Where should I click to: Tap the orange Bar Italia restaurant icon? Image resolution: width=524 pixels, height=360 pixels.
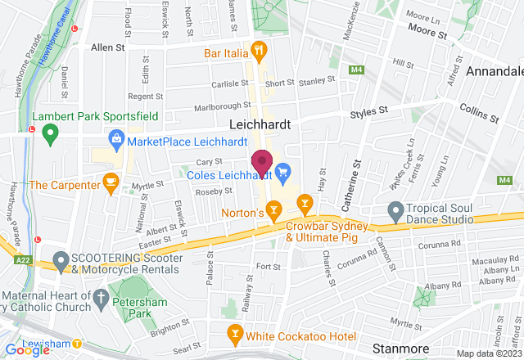[x=260, y=50]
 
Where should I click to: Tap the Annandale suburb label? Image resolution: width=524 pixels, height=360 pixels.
[x=494, y=72]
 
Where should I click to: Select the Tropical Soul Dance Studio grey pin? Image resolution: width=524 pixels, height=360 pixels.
[x=395, y=213]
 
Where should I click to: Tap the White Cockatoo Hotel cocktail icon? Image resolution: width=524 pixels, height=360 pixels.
[x=234, y=335]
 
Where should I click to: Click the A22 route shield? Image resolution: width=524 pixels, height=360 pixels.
[x=25, y=259]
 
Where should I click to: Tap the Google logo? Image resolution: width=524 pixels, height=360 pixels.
[x=27, y=349]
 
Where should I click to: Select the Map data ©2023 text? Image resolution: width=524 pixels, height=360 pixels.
[x=488, y=353]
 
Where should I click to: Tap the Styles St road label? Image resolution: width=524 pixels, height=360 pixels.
[x=368, y=112]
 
